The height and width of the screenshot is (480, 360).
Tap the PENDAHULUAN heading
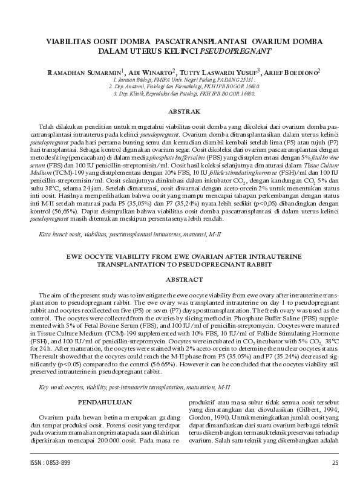(105, 400)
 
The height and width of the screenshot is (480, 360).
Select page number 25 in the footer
(335, 462)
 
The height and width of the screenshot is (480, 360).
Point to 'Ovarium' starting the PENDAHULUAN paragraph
(52, 418)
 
